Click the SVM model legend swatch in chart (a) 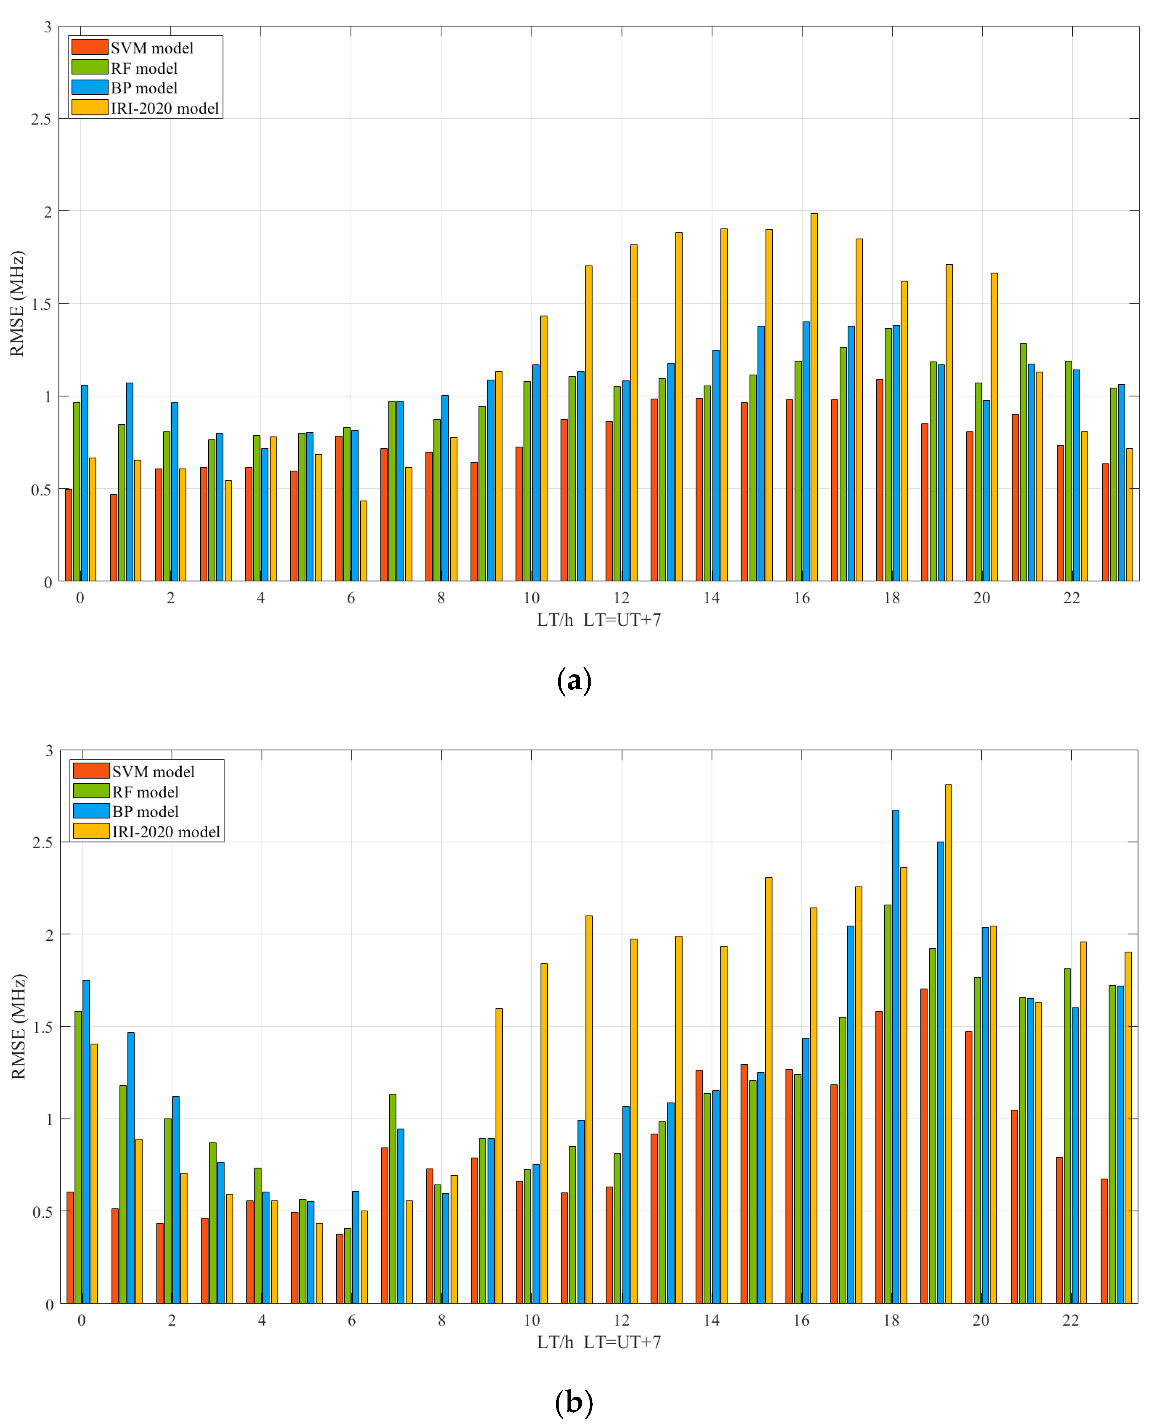pos(89,47)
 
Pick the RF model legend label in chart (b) pos(145,792)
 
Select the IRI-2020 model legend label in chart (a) pos(164,108)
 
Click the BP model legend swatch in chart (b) pos(91,811)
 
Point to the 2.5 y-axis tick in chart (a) pos(41,119)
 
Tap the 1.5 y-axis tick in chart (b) pos(43,1027)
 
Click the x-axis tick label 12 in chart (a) pos(621,598)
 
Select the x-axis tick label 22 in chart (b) pos(1071,1320)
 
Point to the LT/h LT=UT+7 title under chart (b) pos(599,1342)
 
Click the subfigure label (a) pos(574,681)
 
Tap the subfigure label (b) pos(574,1403)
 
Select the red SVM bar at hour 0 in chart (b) pos(70,1248)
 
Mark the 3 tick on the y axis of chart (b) pos(49,751)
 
